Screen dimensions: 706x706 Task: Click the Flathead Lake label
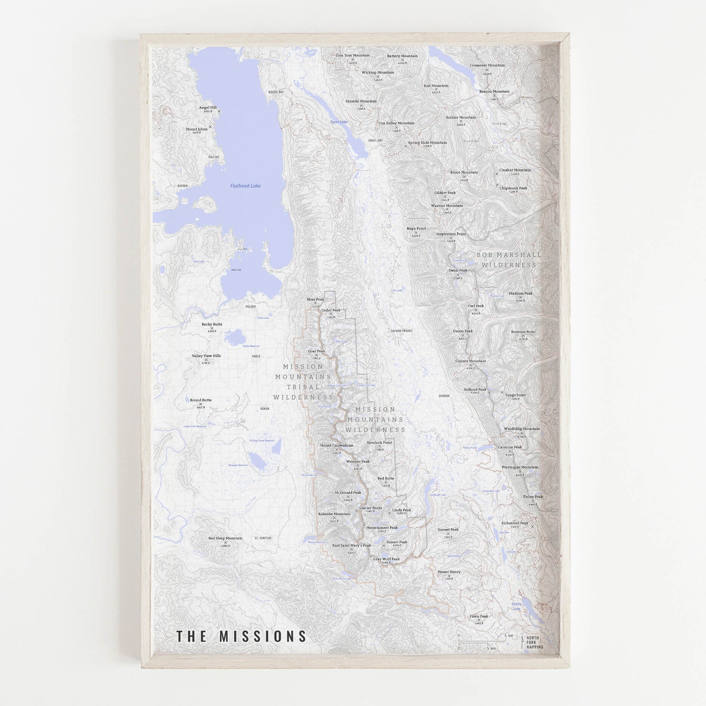[x=245, y=186]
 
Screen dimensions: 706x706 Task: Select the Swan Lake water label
[x=339, y=122]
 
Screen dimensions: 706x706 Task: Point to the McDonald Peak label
[x=348, y=492]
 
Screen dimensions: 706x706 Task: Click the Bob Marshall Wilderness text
[x=509, y=260]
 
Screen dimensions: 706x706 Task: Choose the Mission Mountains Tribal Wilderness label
[x=303, y=382]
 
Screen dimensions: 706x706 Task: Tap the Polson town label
[x=251, y=307]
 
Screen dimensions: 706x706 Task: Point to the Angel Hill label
[x=208, y=107]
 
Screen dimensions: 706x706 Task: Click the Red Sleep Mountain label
[x=225, y=538]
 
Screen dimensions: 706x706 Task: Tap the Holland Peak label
[x=475, y=390]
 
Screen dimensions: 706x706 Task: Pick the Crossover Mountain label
[x=487, y=65]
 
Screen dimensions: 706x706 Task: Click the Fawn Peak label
[x=479, y=616]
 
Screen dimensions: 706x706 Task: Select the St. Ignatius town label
[x=263, y=538]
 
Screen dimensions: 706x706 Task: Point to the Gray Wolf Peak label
[x=386, y=559]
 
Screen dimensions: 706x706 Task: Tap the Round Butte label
[x=201, y=400]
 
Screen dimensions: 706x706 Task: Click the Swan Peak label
[x=458, y=270]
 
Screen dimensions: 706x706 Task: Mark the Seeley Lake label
[x=516, y=606]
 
